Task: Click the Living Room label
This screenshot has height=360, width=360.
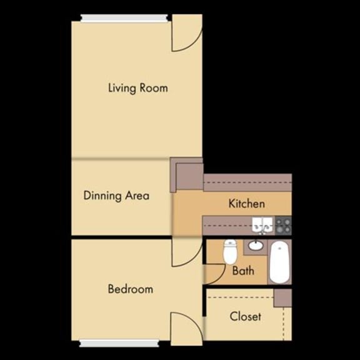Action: [x=137, y=87]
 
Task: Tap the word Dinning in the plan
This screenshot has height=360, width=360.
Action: [x=102, y=196]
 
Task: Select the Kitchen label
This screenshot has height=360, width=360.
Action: [x=246, y=204]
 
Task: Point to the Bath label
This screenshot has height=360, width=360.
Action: [x=243, y=271]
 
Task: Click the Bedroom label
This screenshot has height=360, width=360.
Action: [x=130, y=289]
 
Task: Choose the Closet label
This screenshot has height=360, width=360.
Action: [x=245, y=316]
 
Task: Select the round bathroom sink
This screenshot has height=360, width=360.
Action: [x=255, y=245]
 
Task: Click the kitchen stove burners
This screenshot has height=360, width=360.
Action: [x=283, y=224]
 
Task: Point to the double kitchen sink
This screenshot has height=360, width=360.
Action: [x=261, y=223]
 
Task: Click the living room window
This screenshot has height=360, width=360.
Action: [x=125, y=17]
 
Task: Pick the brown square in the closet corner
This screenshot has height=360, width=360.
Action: [x=282, y=297]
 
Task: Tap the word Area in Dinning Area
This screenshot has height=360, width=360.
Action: [x=137, y=196]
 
